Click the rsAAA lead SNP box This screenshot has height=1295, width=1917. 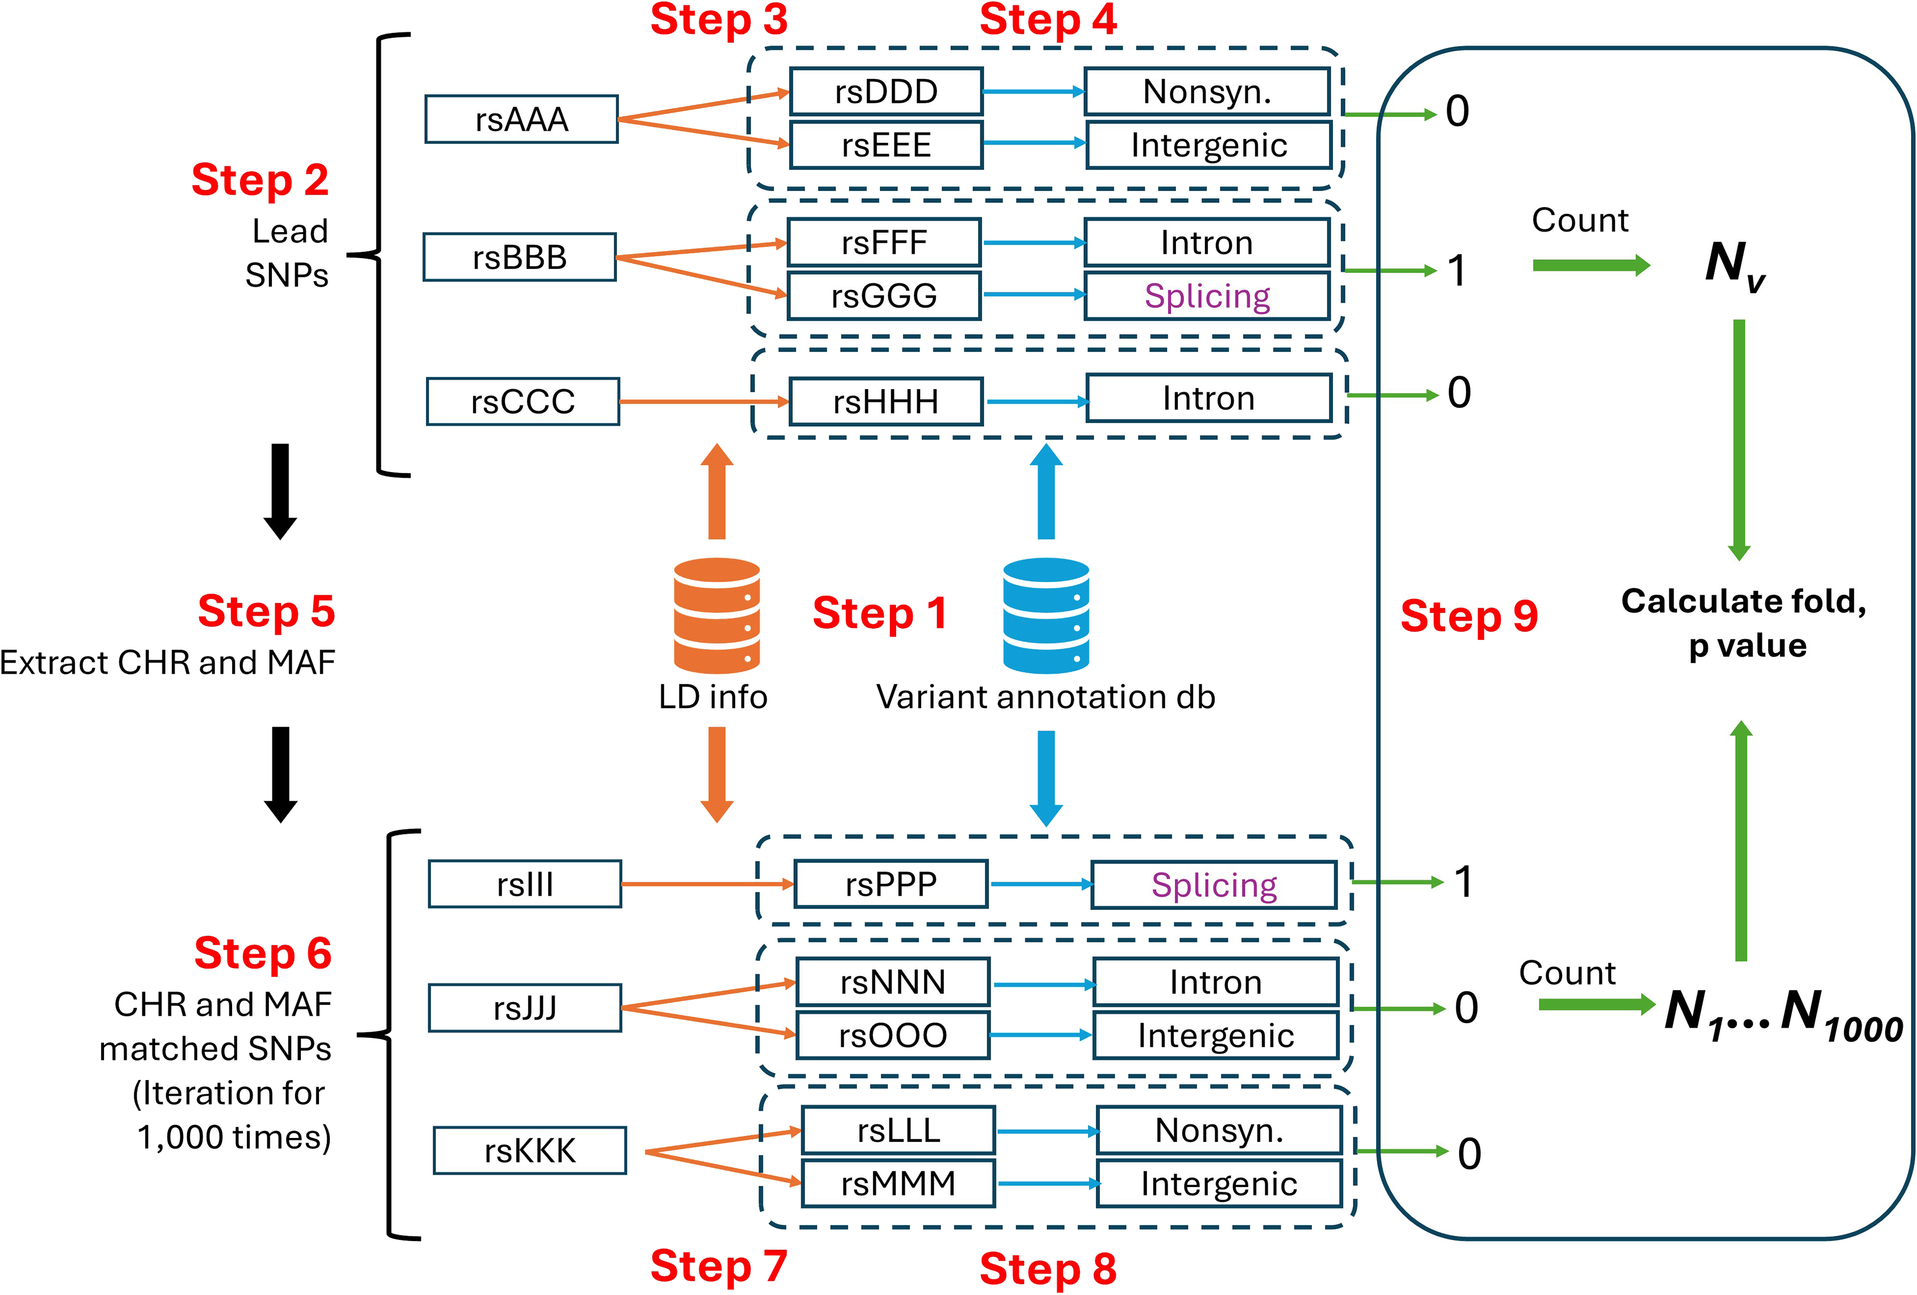click(x=521, y=119)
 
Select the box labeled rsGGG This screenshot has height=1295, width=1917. click(x=884, y=295)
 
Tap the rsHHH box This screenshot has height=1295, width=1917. click(x=886, y=402)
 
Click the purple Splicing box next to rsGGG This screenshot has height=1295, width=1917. click(x=1207, y=295)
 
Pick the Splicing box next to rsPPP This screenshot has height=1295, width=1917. click(x=1214, y=885)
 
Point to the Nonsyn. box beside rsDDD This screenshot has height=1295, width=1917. click(x=1207, y=92)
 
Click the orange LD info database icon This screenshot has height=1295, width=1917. click(x=717, y=615)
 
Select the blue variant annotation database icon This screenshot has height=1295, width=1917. click(x=1046, y=615)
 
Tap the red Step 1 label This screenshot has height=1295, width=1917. click(x=879, y=614)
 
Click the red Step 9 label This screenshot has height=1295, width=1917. click(x=1469, y=616)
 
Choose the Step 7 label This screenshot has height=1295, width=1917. click(x=718, y=1265)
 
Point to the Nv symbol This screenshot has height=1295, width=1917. click(x=1734, y=265)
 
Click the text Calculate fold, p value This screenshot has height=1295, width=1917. click(x=1744, y=623)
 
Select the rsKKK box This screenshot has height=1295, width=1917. click(x=529, y=1151)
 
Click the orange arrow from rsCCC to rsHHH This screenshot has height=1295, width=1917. click(x=703, y=402)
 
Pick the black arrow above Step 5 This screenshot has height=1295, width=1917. click(x=280, y=491)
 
